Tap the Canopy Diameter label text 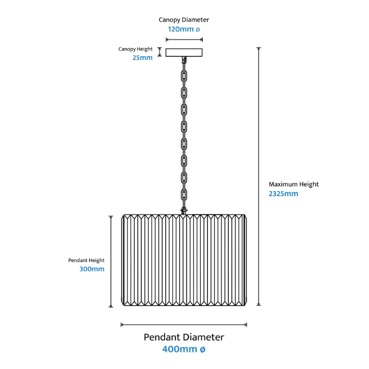[184, 20]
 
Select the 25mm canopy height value [142, 58]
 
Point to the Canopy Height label [136, 49]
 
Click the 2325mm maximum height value [283, 194]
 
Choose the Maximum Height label [294, 184]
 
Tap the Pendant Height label [86, 261]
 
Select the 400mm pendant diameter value [184, 349]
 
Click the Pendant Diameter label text [184, 337]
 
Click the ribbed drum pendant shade [184, 261]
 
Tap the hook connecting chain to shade [183, 210]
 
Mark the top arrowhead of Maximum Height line [259, 49]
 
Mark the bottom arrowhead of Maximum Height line [259, 306]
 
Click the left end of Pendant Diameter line [122, 325]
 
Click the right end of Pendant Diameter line [246, 325]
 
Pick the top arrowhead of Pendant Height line [111, 217]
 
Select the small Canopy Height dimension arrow [159, 52]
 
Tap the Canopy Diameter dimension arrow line [183, 39]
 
